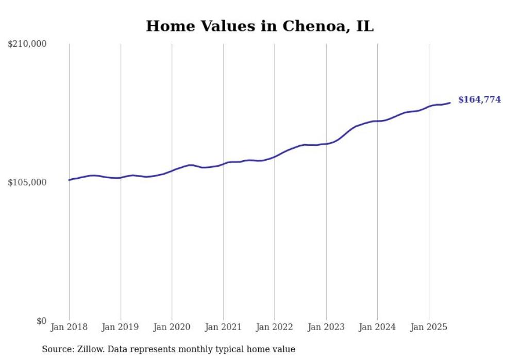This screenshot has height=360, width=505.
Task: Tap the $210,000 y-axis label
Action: tap(27, 44)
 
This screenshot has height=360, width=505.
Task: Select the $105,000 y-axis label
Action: tap(27, 183)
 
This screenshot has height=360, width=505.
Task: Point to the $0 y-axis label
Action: tap(41, 321)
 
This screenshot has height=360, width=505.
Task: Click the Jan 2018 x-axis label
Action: tap(69, 327)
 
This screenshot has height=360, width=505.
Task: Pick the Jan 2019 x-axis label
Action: tap(121, 327)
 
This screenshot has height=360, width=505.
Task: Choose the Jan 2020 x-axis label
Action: tap(172, 327)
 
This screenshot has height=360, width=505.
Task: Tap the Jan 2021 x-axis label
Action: tap(223, 327)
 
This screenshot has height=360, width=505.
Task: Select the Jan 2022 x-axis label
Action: tap(275, 327)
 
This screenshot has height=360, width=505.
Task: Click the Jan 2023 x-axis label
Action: tap(326, 327)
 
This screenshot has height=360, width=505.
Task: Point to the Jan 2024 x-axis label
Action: tap(377, 327)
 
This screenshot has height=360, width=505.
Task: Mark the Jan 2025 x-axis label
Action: tap(429, 327)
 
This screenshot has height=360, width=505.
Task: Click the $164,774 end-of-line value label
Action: tap(479, 100)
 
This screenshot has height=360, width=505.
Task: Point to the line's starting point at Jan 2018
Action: tap(69, 180)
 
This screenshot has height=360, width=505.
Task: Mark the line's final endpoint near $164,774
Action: tap(450, 102)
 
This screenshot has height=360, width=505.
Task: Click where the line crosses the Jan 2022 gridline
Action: tap(275, 156)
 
